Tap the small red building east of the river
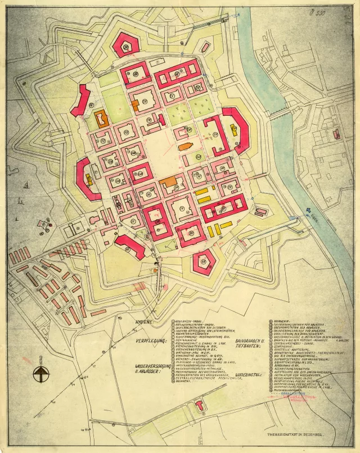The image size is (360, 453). pyautogui.click(x=336, y=134)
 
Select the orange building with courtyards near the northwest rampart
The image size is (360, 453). pyautogui.click(x=101, y=117)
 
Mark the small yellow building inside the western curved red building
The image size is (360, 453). pyautogui.click(x=90, y=180)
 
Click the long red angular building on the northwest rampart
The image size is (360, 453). pyautogui.click(x=80, y=101)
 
